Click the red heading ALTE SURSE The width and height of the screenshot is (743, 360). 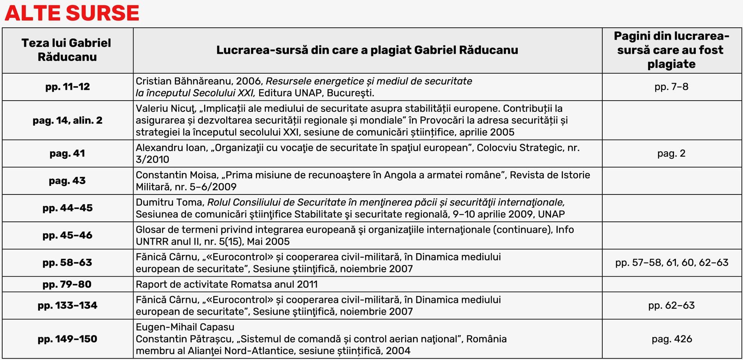(x=72, y=13)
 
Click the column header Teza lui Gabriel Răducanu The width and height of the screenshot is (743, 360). (x=67, y=50)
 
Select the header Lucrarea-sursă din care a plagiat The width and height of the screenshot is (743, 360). (x=367, y=50)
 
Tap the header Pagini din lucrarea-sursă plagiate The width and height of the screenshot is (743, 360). (x=671, y=50)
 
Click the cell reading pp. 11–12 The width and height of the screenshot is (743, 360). (x=68, y=87)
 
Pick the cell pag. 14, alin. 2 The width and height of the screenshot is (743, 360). (x=68, y=121)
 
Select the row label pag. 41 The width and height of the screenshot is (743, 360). (x=68, y=154)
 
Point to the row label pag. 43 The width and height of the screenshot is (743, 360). (x=68, y=181)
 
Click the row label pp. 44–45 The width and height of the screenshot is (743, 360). (x=68, y=208)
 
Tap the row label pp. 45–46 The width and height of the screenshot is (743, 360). (x=68, y=235)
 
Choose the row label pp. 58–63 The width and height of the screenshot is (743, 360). (x=68, y=263)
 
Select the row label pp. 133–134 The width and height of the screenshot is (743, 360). (x=68, y=306)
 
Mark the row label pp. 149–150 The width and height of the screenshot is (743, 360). (x=68, y=339)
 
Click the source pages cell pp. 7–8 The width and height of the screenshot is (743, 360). (x=671, y=87)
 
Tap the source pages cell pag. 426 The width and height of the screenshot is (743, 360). (x=672, y=339)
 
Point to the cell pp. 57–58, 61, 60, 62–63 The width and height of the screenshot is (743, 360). (x=672, y=263)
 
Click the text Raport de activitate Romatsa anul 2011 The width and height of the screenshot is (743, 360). (x=227, y=285)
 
